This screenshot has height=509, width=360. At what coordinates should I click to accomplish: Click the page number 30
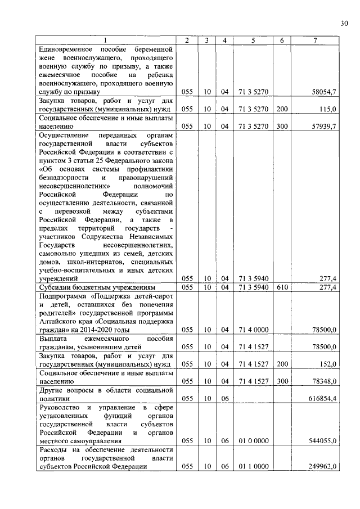pyautogui.click(x=344, y=23)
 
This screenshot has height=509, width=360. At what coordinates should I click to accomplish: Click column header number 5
pyautogui.click(x=253, y=40)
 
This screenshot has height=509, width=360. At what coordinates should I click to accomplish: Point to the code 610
pyautogui.click(x=282, y=287)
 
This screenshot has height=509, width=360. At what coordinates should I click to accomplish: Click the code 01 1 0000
pyautogui.click(x=253, y=467)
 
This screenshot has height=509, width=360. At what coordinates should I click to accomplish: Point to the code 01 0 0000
pyautogui.click(x=253, y=442)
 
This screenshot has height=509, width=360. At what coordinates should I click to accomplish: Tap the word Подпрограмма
pyautogui.click(x=59, y=296)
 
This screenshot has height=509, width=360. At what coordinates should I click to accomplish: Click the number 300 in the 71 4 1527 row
pyautogui.click(x=282, y=381)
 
